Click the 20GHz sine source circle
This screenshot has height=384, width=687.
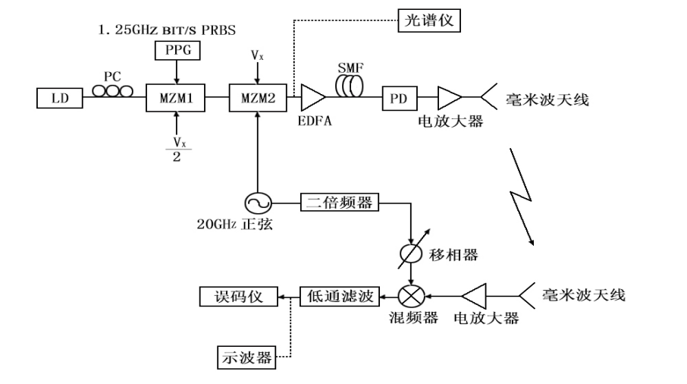[259, 203]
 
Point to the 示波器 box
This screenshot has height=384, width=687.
[246, 354]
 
